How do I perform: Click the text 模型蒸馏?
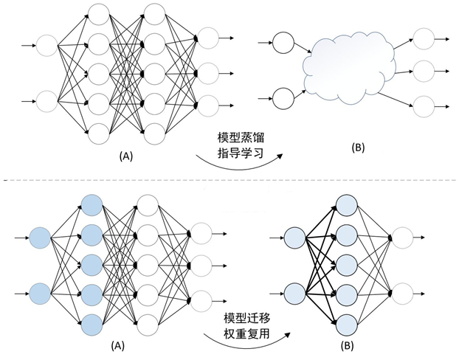point(241,137)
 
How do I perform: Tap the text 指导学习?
point(241,153)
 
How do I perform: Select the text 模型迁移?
point(246,319)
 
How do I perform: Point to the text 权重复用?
point(246,334)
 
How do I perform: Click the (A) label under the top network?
point(126,156)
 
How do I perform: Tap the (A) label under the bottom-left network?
point(117,346)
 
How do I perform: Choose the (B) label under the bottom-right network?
point(347,346)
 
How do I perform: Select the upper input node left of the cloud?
point(283,43)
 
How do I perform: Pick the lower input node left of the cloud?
point(283,98)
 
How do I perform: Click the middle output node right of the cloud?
point(424,71)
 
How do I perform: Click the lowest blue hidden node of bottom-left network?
point(92,325)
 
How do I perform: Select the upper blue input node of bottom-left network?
point(40,238)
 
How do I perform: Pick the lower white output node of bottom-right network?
point(402,294)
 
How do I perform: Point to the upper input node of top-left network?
point(46,46)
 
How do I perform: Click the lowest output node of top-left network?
point(208,105)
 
